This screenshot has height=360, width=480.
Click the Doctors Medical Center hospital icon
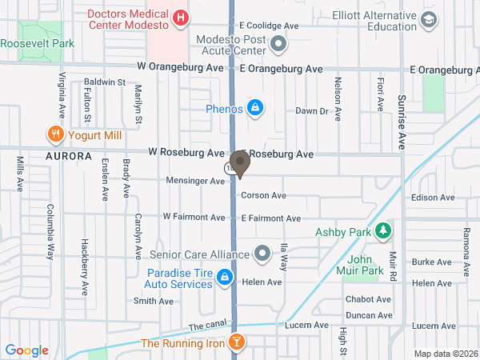point(182,17)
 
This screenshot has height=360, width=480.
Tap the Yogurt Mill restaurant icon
point(55,134)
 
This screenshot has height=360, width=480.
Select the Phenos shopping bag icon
point(255,108)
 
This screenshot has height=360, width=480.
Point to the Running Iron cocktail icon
point(236,343)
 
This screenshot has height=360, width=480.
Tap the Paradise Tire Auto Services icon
point(226,278)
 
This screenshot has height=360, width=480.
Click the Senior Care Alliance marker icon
point(262,254)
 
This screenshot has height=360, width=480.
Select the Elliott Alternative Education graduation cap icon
point(428,18)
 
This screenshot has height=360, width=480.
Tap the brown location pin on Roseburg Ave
point(240,162)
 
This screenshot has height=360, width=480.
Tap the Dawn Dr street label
point(312,111)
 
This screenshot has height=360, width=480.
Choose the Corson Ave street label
point(263,195)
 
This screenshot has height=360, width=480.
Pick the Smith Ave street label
point(154,302)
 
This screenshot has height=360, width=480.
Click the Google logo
point(27,350)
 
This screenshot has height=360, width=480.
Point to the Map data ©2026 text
point(445,354)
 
